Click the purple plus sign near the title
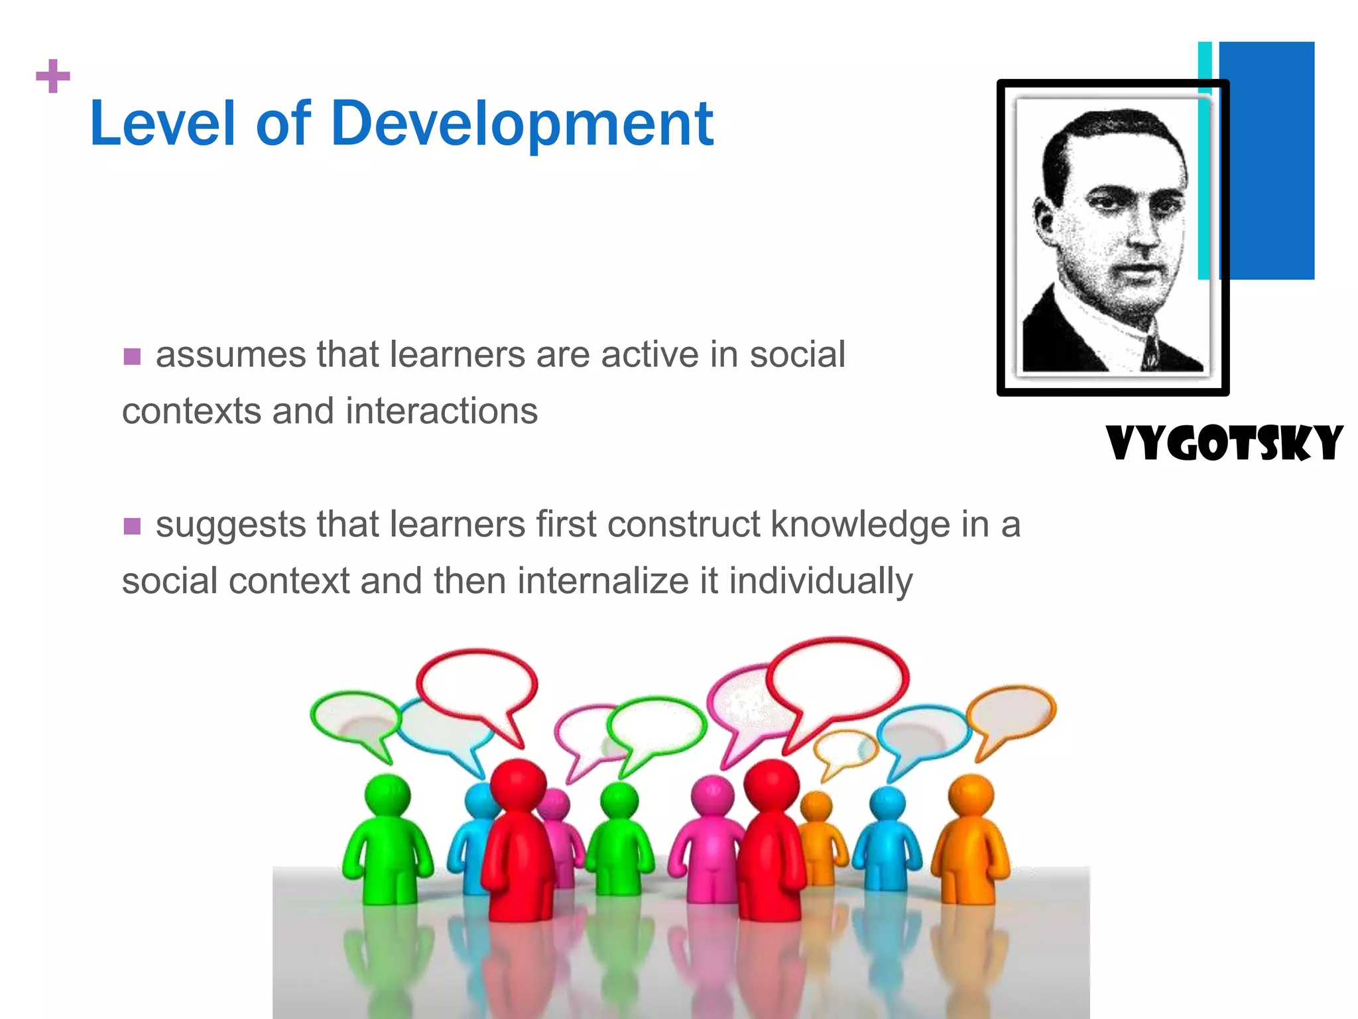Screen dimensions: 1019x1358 click(53, 76)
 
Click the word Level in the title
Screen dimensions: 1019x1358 click(162, 124)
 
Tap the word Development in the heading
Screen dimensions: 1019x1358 click(522, 125)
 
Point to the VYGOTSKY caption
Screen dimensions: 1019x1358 click(1224, 443)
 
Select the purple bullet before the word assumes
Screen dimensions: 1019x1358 click(132, 356)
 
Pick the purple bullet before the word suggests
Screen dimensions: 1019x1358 click(132, 526)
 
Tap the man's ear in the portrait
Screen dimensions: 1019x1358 click(1044, 222)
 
